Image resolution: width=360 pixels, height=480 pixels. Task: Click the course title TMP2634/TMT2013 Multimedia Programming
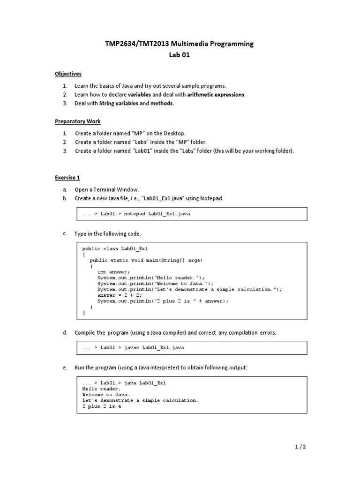click(x=180, y=44)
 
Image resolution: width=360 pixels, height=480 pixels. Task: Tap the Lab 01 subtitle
click(x=180, y=55)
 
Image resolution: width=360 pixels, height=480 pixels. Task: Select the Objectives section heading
click(x=68, y=74)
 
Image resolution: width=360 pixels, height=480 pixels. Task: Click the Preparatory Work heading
click(x=78, y=121)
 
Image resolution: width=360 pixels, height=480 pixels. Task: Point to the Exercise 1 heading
click(x=67, y=178)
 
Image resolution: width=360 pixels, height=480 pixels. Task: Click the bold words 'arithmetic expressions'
click(x=216, y=95)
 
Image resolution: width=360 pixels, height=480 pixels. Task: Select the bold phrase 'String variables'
click(x=119, y=104)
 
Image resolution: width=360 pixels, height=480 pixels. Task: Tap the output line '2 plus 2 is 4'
click(x=103, y=406)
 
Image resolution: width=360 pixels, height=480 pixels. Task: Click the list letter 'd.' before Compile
click(x=65, y=333)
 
